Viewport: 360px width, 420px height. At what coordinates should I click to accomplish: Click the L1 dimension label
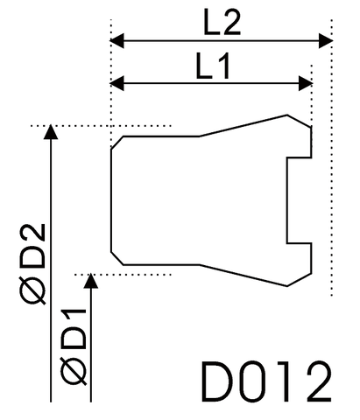[x=211, y=65]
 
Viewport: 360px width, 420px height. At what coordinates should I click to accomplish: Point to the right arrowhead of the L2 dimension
[x=326, y=40]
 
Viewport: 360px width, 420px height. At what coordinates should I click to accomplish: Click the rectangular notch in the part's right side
[x=299, y=200]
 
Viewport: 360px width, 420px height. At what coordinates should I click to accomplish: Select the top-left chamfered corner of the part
[x=116, y=142]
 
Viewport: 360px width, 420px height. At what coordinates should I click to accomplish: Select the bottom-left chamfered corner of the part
[x=116, y=256]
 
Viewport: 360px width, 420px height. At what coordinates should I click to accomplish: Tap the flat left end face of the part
[x=111, y=199]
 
